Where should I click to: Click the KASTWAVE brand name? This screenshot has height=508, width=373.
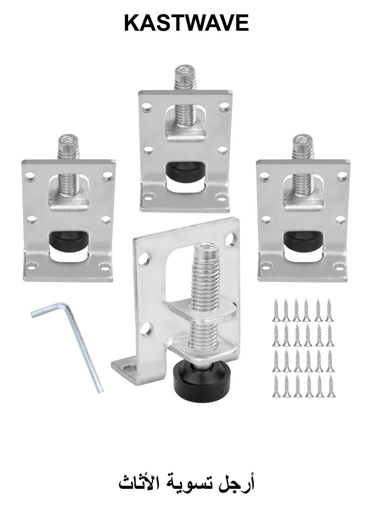coord(186,23)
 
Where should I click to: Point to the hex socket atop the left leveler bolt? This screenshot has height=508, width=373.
coord(67,140)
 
